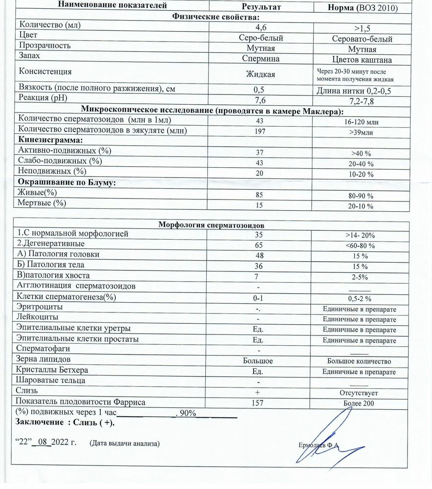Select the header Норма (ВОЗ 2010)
362,8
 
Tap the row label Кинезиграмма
47,140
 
